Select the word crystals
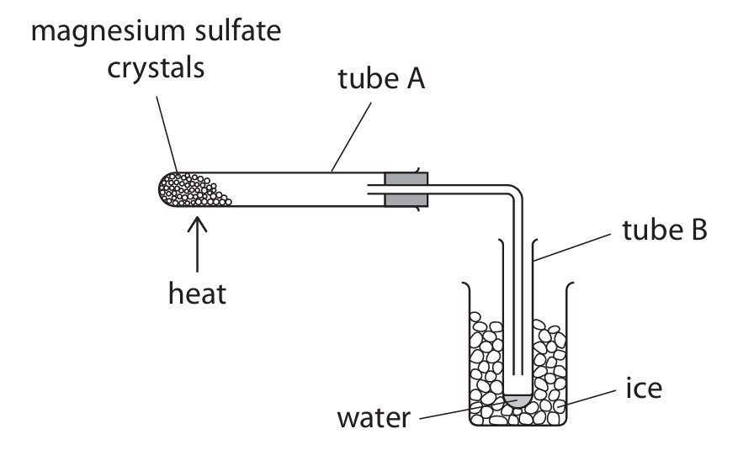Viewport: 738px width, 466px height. pyautogui.click(x=155, y=68)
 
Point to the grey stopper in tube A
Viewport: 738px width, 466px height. pyautogui.click(x=406, y=188)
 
